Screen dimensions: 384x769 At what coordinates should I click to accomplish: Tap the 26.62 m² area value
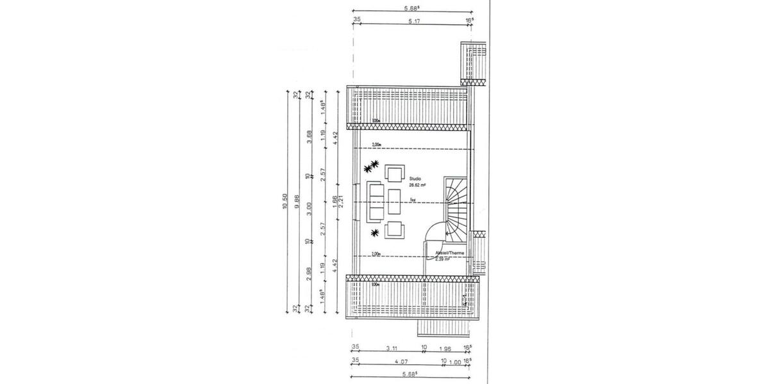tap(417, 185)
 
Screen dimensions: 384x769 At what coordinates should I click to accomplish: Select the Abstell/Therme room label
tap(449, 253)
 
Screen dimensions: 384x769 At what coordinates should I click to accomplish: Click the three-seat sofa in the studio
tap(375, 200)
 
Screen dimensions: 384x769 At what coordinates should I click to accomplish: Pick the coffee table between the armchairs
tap(394, 199)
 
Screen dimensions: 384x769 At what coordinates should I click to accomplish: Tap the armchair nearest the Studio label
tap(394, 173)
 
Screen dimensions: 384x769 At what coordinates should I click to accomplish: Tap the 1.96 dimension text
tap(447, 348)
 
